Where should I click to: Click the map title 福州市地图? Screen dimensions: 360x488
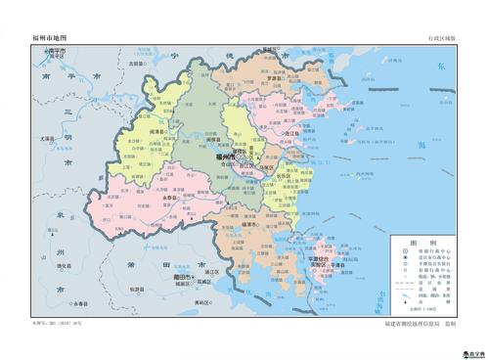click(x=50, y=37)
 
